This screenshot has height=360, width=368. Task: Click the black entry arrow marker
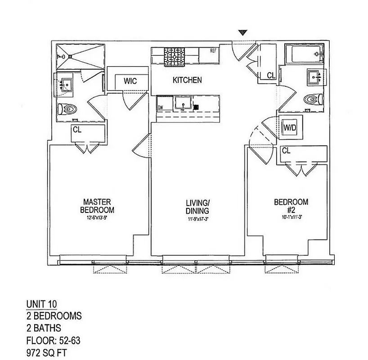tap(243, 32)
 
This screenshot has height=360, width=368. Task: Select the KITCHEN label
tap(187, 81)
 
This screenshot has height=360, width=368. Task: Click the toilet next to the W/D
tap(312, 99)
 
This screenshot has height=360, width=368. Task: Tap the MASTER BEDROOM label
tap(97, 206)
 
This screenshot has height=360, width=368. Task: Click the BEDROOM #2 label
tap(291, 206)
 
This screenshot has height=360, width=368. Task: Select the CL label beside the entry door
tap(270, 76)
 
